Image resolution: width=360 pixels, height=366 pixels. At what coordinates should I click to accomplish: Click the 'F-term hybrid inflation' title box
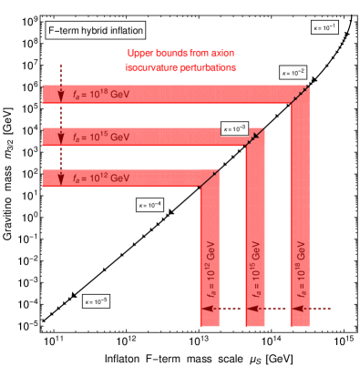click(x=90, y=31)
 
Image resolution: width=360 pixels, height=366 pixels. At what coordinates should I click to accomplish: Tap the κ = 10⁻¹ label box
click(x=324, y=27)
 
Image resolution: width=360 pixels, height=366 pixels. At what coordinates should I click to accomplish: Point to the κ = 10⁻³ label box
click(x=234, y=129)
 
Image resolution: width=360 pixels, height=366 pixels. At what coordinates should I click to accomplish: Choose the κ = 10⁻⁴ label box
click(x=149, y=205)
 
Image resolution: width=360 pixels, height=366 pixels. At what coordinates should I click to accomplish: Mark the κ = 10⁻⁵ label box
click(x=96, y=300)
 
